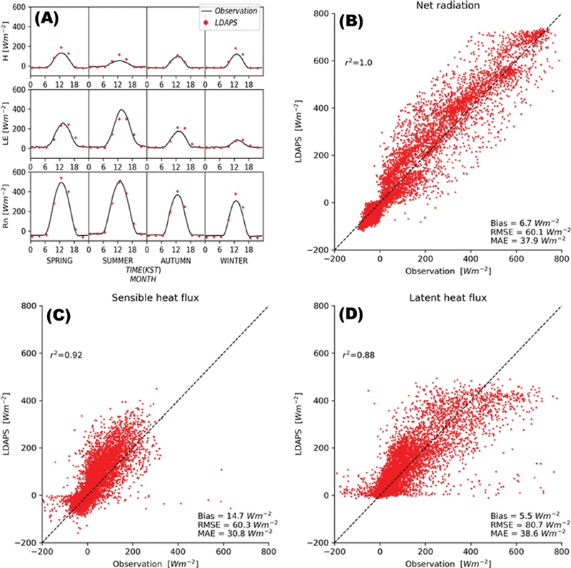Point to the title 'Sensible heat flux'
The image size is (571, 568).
pos(156,297)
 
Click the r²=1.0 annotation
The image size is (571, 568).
pos(357,63)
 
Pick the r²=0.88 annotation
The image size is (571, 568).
pos(358,351)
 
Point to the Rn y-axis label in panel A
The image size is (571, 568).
pos(11,206)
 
